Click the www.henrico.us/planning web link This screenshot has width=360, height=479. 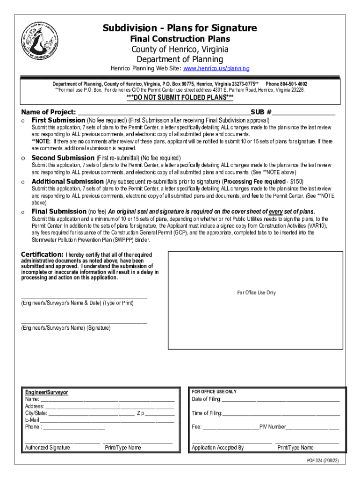pos(216,68)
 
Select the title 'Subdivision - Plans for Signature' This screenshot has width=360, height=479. pos(180,29)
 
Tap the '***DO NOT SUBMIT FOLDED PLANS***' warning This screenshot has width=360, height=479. pos(180,98)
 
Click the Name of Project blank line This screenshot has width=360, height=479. pos(164,112)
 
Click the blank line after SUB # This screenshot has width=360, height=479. pos(304,112)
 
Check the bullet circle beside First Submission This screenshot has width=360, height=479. pos(23,121)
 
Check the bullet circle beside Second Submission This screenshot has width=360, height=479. pos(23,158)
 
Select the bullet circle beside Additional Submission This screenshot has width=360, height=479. pos(23,181)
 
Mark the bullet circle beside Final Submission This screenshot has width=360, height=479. pos(23,211)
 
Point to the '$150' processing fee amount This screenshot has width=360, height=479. pos(296,181)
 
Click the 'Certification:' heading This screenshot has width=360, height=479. pos(42,254)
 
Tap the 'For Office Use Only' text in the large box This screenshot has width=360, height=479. pos(256,293)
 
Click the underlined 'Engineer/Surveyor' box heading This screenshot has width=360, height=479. pos(46,392)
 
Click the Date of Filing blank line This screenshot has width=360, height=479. pos(281,399)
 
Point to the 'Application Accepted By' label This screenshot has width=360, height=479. pos(217,448)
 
